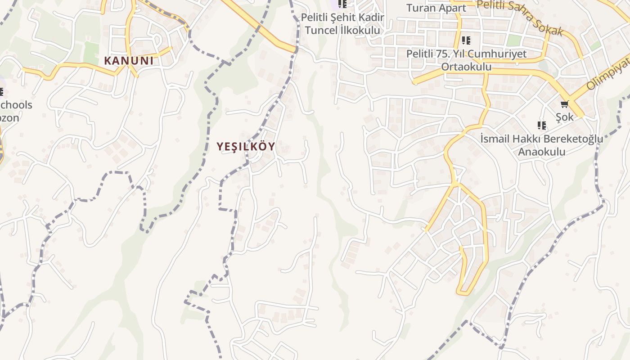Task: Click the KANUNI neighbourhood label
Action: coord(129,61)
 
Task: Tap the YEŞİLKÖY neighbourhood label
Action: coord(246,147)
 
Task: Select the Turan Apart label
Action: coord(436,8)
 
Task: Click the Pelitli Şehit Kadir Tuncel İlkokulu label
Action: coord(342,24)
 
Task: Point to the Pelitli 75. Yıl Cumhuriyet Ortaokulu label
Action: coord(466,60)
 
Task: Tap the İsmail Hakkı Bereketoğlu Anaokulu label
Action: coord(541,145)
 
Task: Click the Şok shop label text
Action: coord(565,117)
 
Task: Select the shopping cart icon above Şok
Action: coord(564,104)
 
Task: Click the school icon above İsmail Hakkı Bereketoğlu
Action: coord(542,125)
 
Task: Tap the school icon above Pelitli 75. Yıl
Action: coord(466,40)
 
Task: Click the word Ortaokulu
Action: coord(466,67)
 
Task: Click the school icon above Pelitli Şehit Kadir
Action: coord(342,4)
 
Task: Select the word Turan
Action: coord(421,8)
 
